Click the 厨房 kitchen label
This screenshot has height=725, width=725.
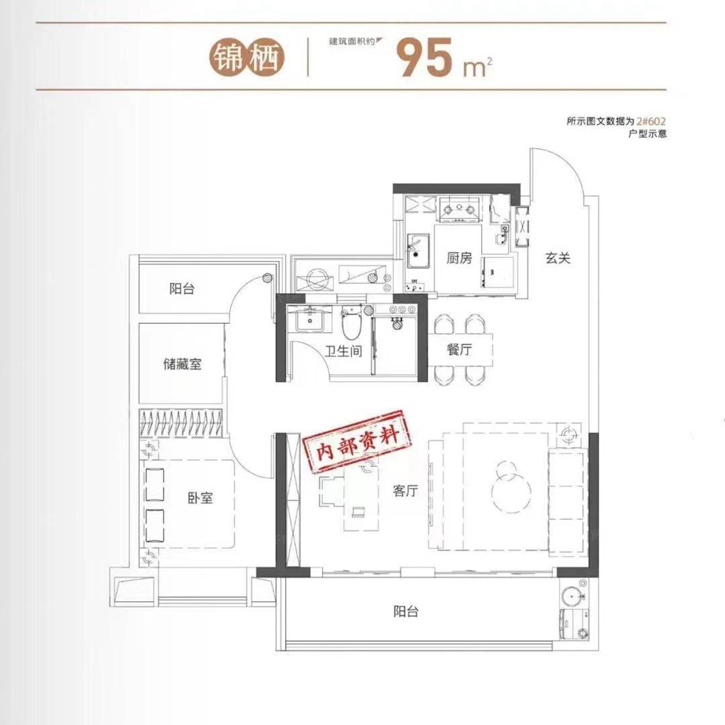(x=459, y=258)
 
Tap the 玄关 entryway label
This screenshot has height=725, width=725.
(x=558, y=258)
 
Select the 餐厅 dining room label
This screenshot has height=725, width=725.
(x=459, y=350)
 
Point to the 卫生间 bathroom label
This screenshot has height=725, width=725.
(x=343, y=352)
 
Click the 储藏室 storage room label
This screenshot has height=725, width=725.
(x=182, y=364)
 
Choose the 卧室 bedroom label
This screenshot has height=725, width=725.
(x=200, y=499)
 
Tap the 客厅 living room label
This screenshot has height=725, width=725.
(x=405, y=490)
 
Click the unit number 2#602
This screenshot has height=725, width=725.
(x=651, y=121)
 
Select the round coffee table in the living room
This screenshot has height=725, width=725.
(x=511, y=491)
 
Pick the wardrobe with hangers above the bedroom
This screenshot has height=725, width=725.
(x=181, y=423)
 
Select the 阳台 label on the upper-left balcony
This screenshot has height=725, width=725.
(x=182, y=289)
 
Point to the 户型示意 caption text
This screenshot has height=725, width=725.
(x=647, y=134)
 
